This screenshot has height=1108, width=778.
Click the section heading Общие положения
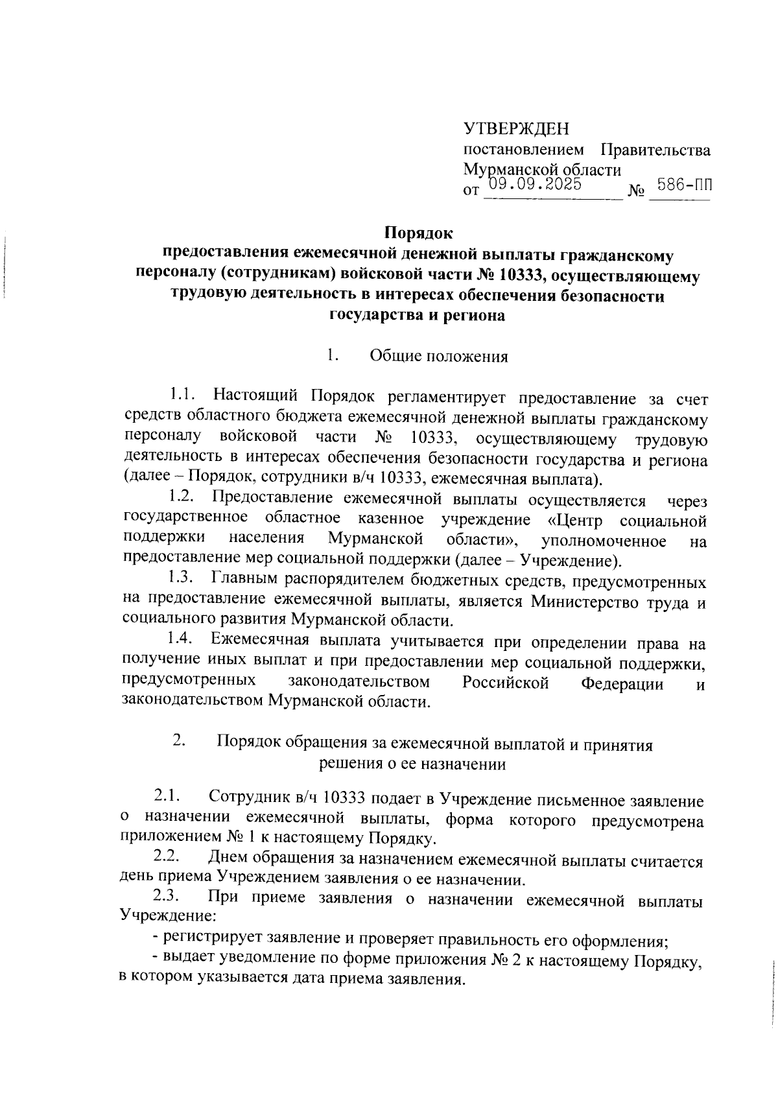(438, 357)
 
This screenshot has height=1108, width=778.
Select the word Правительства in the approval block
(655, 150)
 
